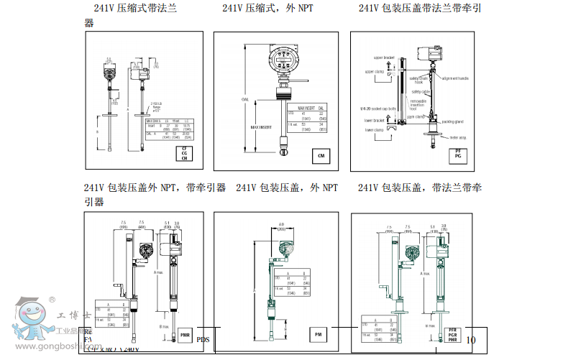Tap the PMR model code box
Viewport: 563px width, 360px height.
coord(185,335)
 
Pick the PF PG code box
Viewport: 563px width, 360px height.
coord(458,154)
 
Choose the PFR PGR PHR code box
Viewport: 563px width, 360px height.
coord(452,336)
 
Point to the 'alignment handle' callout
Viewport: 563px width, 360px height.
coord(456,78)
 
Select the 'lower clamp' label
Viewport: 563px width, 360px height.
coord(374,130)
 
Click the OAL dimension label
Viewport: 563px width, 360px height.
coord(245,100)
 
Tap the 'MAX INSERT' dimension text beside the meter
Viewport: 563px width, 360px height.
coord(260,127)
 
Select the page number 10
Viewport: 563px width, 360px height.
coord(471,340)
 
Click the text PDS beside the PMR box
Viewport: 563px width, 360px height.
coord(203,340)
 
